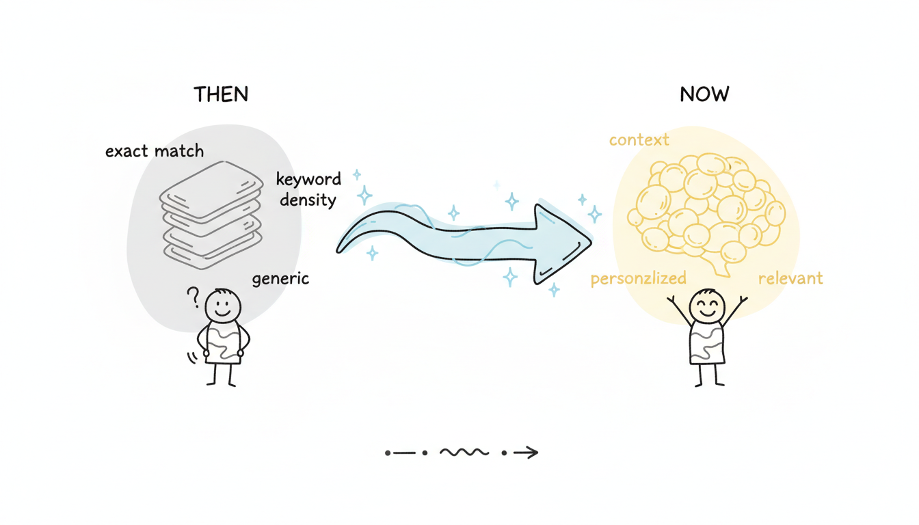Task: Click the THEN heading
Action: [221, 94]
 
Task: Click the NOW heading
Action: [704, 94]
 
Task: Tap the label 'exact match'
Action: [155, 151]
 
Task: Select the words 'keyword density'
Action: [308, 189]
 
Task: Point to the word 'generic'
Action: [280, 279]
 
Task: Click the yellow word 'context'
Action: [639, 140]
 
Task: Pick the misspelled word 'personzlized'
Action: [638, 279]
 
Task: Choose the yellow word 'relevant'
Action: [790, 279]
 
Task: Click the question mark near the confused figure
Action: [193, 297]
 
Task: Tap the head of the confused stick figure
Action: [224, 306]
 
